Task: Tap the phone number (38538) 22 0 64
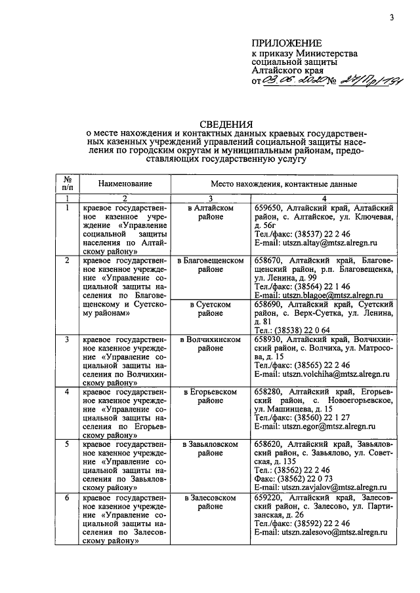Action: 308,330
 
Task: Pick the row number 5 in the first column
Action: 66,444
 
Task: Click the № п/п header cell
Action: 66,184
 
